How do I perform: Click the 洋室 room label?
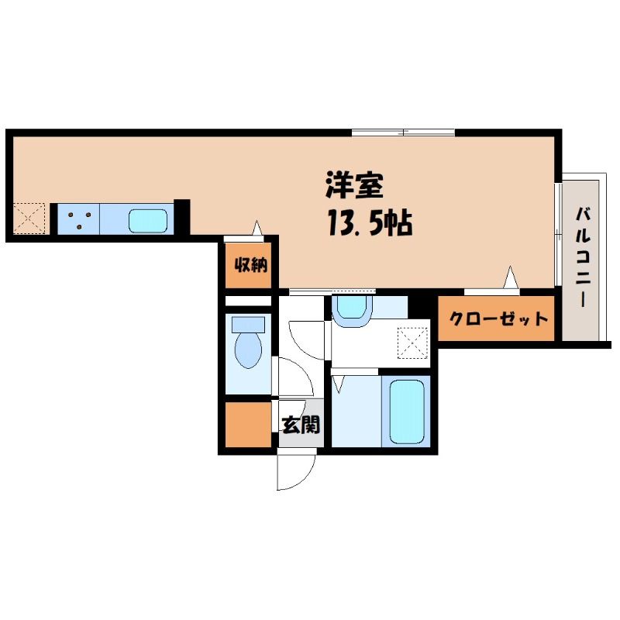354,185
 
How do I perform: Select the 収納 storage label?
250,265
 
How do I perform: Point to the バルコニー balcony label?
583,257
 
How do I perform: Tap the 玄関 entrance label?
301,425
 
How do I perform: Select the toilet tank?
248,325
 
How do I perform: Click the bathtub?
407,412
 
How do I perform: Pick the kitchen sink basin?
148,221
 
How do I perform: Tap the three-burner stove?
79,219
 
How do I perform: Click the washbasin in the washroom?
352,308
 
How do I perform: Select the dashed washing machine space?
413,343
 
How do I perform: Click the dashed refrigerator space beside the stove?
29,218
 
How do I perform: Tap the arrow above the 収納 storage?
257,229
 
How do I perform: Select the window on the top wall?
403,133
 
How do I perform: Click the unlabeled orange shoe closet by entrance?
248,424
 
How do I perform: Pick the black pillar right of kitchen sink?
182,217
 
